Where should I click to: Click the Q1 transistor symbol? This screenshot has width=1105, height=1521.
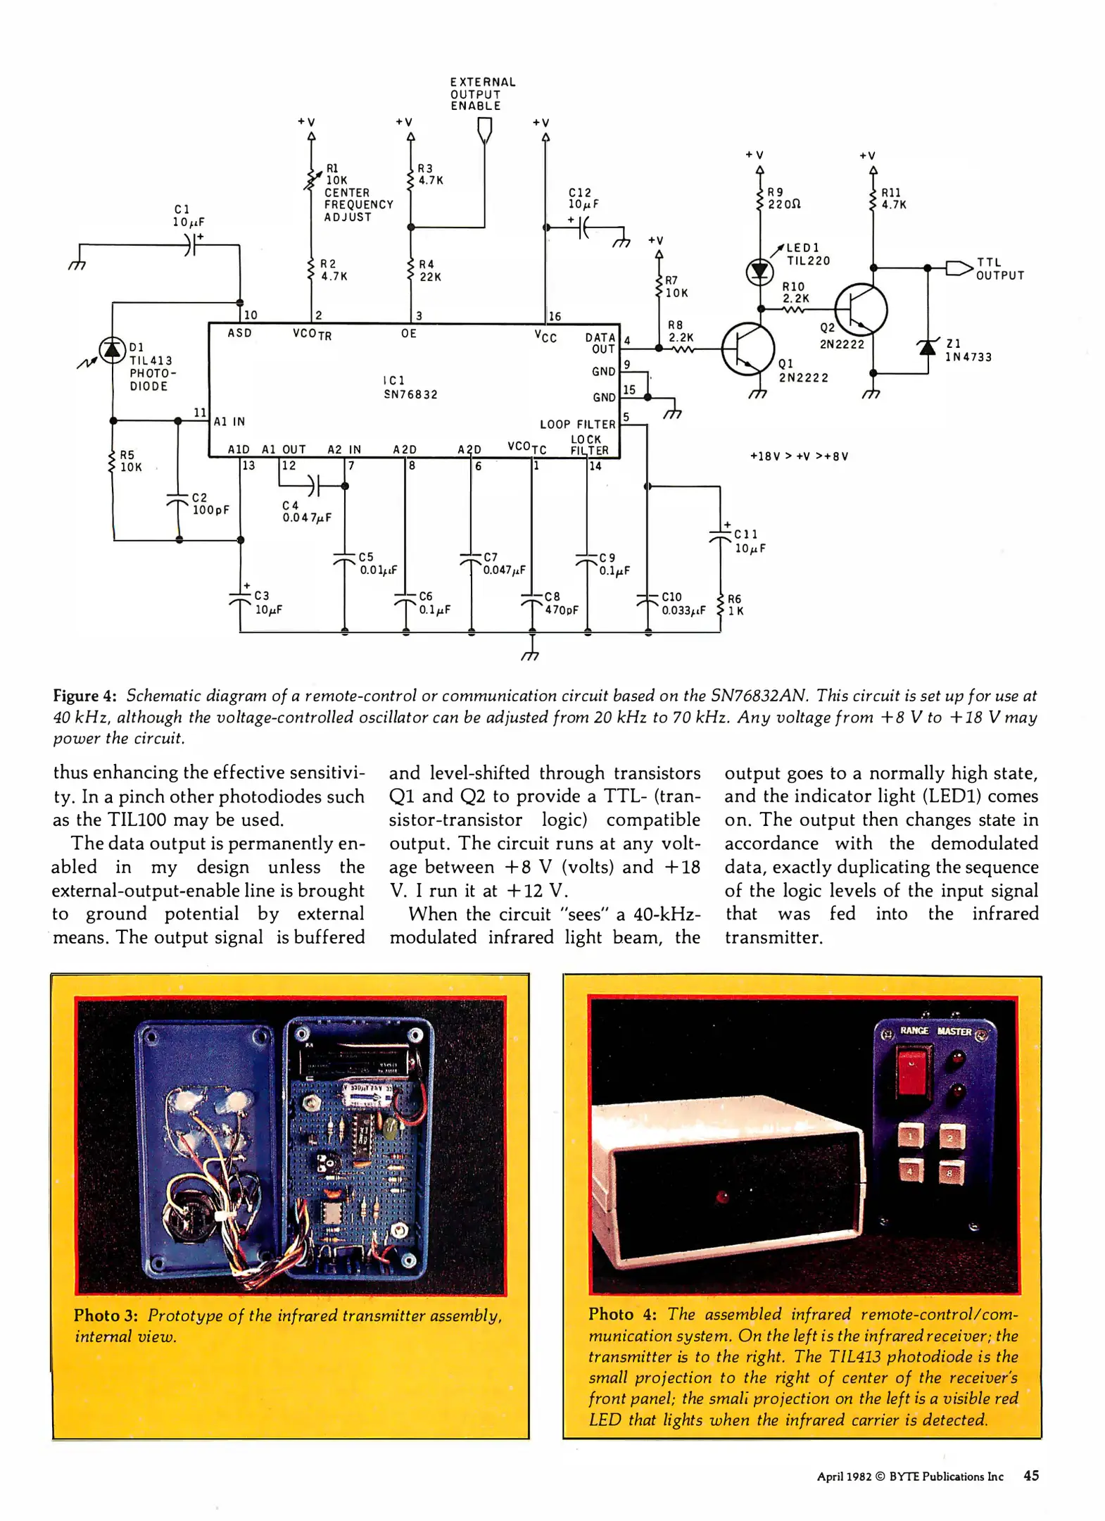[747, 349]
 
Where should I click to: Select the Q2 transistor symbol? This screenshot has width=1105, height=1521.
[861, 309]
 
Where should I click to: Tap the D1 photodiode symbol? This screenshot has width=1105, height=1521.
[111, 350]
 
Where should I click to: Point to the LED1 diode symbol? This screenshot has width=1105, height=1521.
[759, 271]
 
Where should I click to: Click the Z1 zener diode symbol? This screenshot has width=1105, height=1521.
[928, 346]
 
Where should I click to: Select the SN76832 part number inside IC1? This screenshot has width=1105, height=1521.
[410, 394]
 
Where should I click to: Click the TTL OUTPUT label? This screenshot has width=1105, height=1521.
[999, 269]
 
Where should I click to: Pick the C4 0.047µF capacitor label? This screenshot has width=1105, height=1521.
[306, 511]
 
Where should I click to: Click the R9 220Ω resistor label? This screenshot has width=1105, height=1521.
[783, 198]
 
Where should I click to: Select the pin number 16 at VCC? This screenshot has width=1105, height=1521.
[555, 316]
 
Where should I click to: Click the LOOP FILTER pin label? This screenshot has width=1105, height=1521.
[577, 424]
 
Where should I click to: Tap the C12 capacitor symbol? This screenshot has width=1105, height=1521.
[582, 227]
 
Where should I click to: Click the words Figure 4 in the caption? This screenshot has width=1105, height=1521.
[84, 696]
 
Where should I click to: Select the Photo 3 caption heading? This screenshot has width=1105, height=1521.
[106, 1315]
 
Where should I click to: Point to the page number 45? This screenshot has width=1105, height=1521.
[1030, 1475]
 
